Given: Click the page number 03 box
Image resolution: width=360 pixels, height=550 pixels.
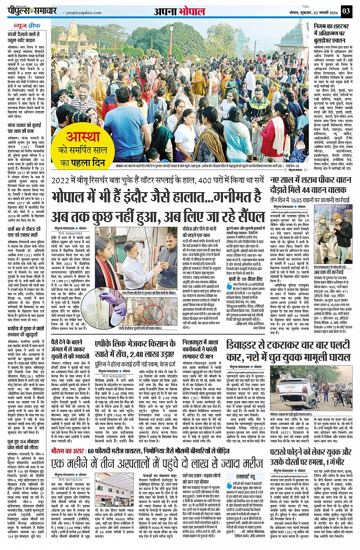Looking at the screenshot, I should coord(346,11).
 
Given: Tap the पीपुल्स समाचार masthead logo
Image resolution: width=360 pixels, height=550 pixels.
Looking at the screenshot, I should coord(32,12).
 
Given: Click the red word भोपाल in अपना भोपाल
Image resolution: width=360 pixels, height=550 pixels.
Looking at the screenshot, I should coord(192,11).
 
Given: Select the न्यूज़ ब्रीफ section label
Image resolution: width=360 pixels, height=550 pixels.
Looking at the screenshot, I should coord(26,26).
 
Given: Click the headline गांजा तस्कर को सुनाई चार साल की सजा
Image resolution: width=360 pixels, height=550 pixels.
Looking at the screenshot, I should coord(24,128).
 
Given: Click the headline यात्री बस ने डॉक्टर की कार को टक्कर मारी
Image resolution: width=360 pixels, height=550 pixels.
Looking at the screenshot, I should coord(24,232).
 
